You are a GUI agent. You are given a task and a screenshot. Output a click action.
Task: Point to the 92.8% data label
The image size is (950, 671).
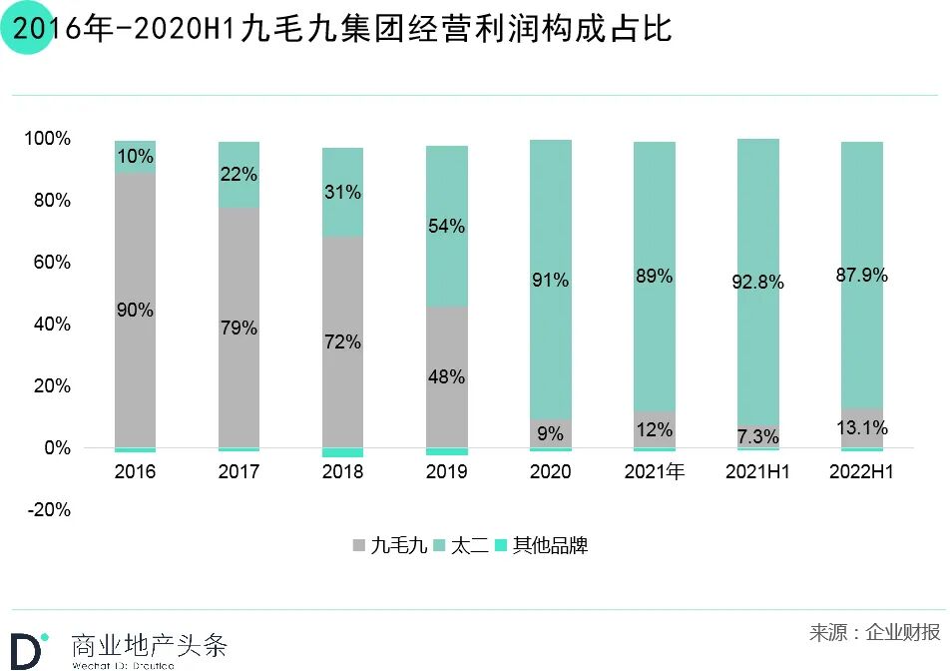[x=757, y=283]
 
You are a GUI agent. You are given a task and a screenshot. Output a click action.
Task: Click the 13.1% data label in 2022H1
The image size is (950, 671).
[x=861, y=428]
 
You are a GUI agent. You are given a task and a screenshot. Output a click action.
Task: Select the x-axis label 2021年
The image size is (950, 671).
[x=654, y=472]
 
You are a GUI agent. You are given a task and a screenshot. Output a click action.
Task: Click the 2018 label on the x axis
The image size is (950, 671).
[x=342, y=472]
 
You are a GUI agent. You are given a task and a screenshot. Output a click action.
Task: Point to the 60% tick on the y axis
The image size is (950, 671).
[x=48, y=263]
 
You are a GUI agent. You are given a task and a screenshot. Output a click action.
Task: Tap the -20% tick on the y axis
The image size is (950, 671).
[x=48, y=510]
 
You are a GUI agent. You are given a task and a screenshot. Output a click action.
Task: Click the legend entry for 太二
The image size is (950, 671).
[x=462, y=546]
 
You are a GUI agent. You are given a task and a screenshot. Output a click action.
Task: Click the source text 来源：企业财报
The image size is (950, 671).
[x=874, y=632]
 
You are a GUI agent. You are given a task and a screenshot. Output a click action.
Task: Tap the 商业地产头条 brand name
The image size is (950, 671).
[x=150, y=644]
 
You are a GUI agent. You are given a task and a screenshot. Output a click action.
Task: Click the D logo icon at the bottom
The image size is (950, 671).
[x=27, y=649]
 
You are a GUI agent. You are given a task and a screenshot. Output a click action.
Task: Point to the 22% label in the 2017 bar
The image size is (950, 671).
[x=238, y=175]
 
